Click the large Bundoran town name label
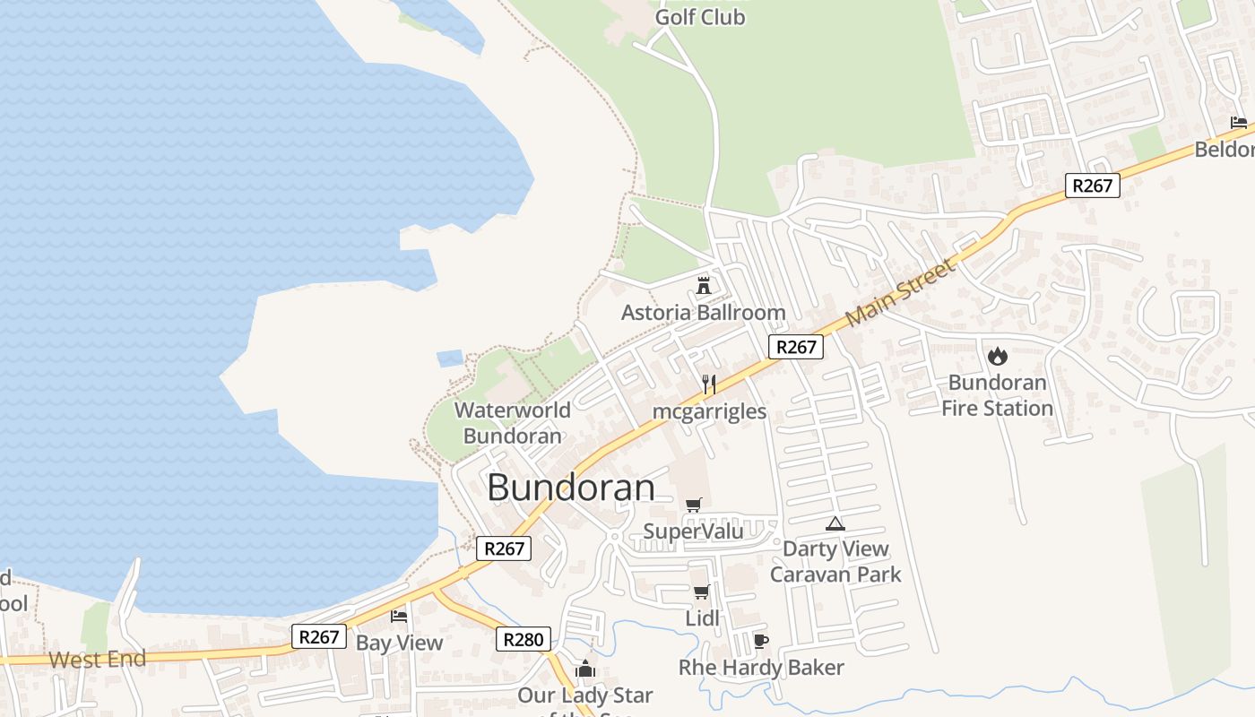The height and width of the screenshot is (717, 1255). click(571, 488)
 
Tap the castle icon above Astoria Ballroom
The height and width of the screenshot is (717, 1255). click(704, 286)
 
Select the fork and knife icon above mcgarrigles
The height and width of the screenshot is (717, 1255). click(708, 384)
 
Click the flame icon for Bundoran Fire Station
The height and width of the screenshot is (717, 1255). click(997, 356)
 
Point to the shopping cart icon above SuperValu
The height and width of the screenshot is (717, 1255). click(693, 505)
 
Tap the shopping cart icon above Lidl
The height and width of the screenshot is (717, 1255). click(701, 592)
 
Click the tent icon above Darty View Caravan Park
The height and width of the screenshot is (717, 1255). click(835, 523)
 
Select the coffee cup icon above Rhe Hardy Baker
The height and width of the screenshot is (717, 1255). click(760, 641)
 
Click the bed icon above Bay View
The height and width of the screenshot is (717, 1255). click(399, 616)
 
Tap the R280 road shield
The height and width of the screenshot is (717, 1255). click(524, 640)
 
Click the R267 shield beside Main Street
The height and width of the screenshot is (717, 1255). click(795, 347)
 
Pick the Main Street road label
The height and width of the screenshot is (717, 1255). click(901, 293)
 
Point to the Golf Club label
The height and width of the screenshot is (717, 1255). click(700, 17)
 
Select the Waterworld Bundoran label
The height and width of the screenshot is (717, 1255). click(513, 423)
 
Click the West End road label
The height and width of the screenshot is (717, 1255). click(97, 661)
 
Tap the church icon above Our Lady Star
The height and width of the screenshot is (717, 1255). click(585, 669)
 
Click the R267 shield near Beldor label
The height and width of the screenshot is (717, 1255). click(1093, 186)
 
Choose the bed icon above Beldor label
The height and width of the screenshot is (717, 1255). click(1239, 123)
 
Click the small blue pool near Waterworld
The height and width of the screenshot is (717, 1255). click(449, 358)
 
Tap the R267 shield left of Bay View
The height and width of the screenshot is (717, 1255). click(319, 637)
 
